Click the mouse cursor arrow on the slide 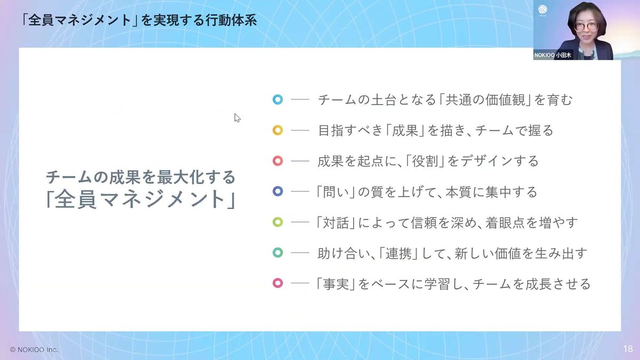tap(237, 118)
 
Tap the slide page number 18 tap(628, 349)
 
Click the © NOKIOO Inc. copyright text tap(34, 350)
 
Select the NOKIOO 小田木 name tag tap(553, 55)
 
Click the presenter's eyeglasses tap(586, 27)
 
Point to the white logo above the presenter tap(542, 10)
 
